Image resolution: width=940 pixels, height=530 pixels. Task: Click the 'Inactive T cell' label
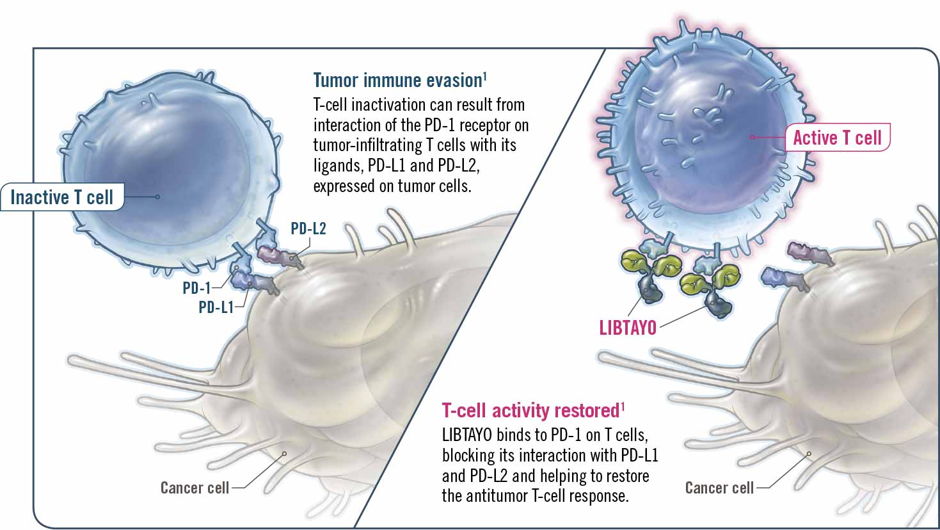click(61, 197)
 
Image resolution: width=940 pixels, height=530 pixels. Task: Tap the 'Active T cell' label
click(837, 138)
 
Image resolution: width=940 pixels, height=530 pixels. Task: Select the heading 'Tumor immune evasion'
click(397, 81)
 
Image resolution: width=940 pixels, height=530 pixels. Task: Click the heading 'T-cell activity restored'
click(530, 410)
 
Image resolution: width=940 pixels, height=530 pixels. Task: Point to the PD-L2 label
click(308, 229)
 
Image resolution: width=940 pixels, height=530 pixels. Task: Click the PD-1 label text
click(196, 288)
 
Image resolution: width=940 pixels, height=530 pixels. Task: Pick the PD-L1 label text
click(216, 307)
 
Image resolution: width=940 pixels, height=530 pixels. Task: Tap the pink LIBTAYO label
click(628, 328)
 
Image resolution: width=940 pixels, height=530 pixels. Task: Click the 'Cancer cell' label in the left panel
click(195, 488)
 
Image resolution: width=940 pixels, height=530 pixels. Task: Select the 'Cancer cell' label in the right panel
click(719, 488)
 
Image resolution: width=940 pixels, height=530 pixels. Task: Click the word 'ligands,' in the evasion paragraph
click(338, 166)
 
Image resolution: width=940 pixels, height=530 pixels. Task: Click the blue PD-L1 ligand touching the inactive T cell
click(253, 281)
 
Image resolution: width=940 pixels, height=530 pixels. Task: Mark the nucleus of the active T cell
click(704, 134)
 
